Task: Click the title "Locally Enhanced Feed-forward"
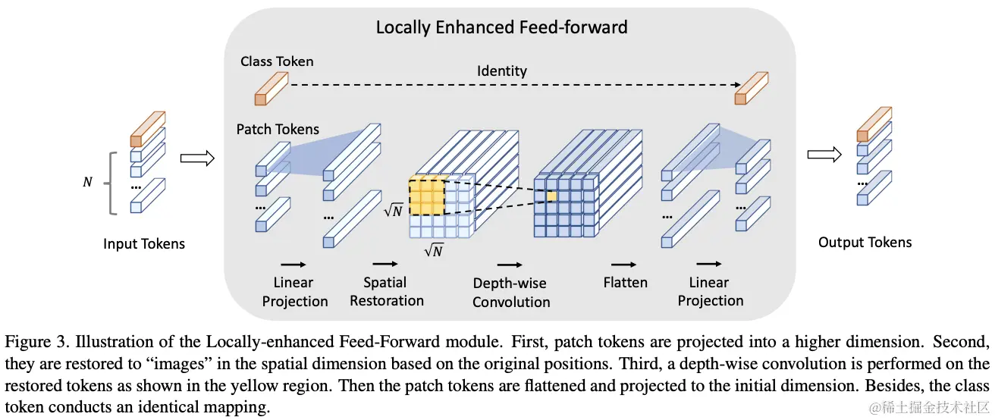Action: click(501, 28)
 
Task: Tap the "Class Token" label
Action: click(276, 61)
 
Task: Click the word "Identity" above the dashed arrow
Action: click(501, 71)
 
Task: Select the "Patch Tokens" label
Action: click(278, 130)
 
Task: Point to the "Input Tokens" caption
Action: click(144, 243)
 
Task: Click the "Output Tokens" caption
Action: click(865, 243)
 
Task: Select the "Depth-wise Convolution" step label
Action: click(510, 293)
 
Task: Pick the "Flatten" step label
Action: click(625, 283)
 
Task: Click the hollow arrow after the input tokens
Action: click(197, 158)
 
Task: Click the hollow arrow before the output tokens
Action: click(824, 155)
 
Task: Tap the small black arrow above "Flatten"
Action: click(623, 265)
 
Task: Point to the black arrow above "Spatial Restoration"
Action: click(385, 265)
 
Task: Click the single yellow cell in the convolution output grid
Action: click(552, 196)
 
